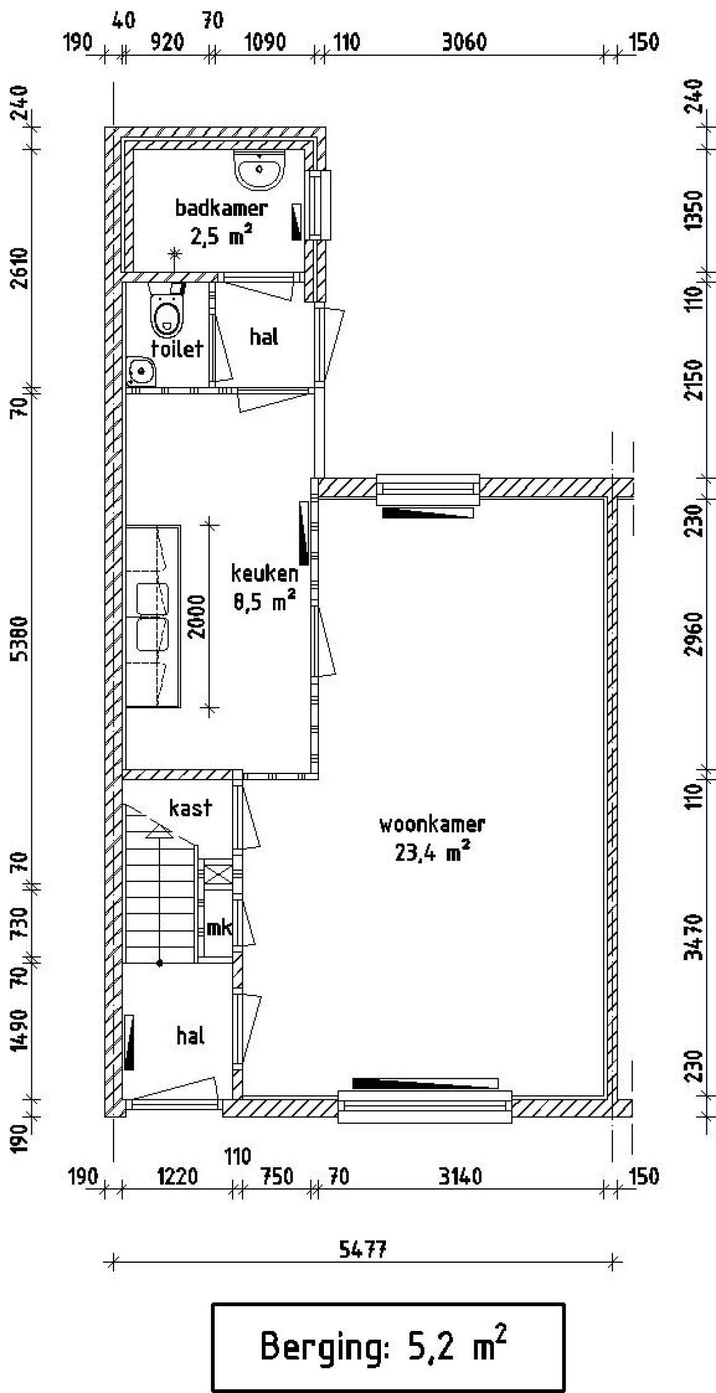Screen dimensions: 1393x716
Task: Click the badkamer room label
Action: [x=222, y=209]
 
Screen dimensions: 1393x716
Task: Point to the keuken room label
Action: [x=265, y=573]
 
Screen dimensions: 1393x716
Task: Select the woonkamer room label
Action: [x=432, y=825]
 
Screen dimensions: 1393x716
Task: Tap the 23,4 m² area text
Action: [x=432, y=853]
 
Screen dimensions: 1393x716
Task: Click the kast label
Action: [x=190, y=808]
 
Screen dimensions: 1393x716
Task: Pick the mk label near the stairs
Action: [x=219, y=928]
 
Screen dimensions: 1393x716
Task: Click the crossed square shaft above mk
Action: [x=218, y=874]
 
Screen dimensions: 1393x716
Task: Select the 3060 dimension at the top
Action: [x=464, y=43]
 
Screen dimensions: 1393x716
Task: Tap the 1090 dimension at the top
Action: [x=265, y=43]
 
